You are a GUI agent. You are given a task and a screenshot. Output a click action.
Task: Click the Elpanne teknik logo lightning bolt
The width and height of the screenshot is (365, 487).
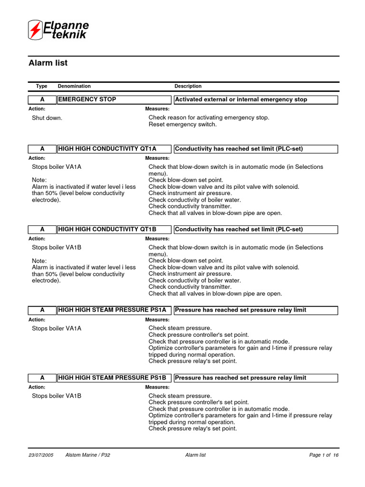point(35,30)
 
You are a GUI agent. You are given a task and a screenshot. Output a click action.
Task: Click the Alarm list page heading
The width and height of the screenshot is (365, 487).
point(48,63)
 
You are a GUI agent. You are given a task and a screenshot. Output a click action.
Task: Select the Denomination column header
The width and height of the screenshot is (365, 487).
point(74,86)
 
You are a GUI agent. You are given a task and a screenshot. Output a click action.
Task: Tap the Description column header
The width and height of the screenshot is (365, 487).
point(188,86)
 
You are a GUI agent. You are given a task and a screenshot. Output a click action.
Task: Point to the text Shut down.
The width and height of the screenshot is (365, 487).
point(47,117)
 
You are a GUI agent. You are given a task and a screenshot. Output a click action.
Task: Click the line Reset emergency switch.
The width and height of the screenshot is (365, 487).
point(182,125)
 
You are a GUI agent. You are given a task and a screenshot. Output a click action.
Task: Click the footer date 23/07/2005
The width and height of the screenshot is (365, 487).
point(41,455)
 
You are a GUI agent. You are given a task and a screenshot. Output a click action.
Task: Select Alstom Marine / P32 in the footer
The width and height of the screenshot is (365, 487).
point(88,455)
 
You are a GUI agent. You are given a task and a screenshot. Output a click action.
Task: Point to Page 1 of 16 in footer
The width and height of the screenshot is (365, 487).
point(324,455)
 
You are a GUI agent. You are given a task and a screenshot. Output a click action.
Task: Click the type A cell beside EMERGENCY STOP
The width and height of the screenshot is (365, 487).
point(42,99)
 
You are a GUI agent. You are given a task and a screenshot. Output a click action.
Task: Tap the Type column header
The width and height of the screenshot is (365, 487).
point(42,86)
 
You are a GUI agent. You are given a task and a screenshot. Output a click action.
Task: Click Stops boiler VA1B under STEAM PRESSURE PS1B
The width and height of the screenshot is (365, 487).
point(57,396)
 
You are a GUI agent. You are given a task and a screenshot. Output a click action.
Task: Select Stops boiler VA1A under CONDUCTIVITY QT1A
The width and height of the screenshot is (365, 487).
point(57,167)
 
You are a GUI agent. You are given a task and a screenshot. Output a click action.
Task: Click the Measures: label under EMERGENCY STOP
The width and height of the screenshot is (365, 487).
point(157,109)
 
